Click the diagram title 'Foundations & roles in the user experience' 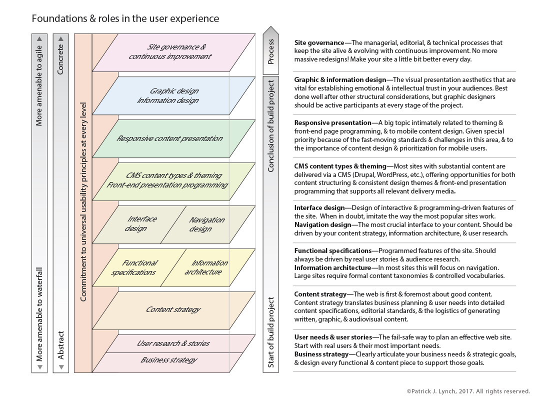coord(125,19)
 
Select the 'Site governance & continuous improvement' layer coord(170,52)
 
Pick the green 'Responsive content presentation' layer coord(169,138)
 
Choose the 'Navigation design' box coord(206,224)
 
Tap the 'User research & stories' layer coord(173,343)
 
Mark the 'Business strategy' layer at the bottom coord(168,360)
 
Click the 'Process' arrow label coord(271,51)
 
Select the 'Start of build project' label coord(271,332)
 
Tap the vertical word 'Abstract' coord(60,345)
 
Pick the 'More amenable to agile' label coord(39,88)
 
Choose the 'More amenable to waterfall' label coord(39,314)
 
